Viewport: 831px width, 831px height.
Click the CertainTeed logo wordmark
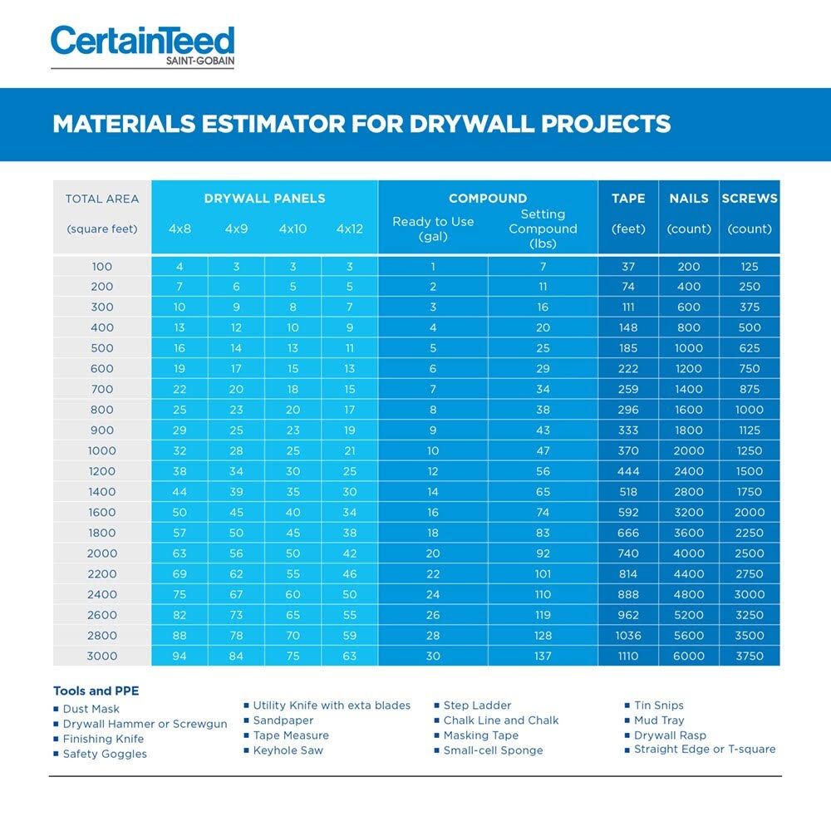coord(142,42)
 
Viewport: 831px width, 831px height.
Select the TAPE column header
coord(628,199)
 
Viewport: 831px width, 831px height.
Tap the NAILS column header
coord(689,199)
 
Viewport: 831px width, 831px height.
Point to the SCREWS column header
coord(750,199)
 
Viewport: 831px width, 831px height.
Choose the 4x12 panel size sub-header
coord(350,229)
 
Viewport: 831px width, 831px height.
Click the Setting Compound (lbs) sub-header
coord(543,229)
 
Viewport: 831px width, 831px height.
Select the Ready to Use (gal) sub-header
coord(433,229)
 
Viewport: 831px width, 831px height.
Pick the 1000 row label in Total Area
coord(102,450)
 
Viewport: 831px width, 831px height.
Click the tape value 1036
coord(628,636)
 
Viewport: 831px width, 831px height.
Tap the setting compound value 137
coord(543,656)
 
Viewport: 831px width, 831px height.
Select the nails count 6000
coord(689,656)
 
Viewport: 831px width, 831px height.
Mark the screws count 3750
coord(750,656)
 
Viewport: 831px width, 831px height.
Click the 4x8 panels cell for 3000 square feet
coord(179,656)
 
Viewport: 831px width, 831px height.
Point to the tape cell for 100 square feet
coord(628,267)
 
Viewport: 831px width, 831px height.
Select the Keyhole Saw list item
coord(288,750)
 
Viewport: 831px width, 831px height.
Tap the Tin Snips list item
coord(658,706)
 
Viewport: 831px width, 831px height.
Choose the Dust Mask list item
coord(91,709)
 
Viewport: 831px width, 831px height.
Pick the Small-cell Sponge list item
coord(492,750)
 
